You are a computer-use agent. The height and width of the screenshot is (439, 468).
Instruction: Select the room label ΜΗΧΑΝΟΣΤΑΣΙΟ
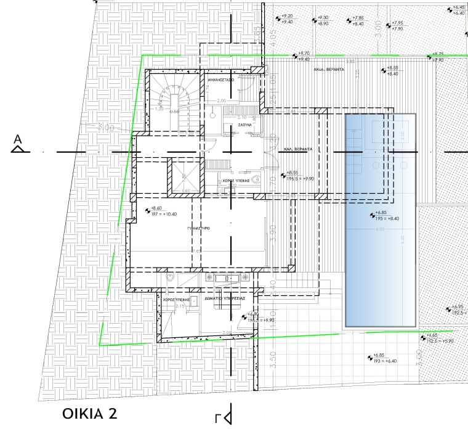[x=224, y=80]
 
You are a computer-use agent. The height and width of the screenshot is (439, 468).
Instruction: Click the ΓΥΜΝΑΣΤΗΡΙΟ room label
[x=199, y=228]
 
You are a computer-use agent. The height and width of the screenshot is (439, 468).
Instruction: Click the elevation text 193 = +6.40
[x=385, y=361]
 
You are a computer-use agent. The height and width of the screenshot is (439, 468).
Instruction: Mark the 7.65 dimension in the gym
[x=196, y=251]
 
